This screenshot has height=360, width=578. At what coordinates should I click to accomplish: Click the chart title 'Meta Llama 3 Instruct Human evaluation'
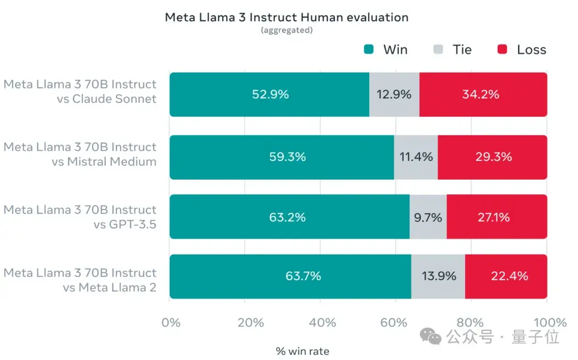(286, 17)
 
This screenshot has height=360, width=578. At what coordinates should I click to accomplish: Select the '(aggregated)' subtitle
(286, 30)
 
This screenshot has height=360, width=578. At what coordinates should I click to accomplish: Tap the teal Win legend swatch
(369, 50)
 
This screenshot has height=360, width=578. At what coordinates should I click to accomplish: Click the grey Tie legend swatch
(438, 50)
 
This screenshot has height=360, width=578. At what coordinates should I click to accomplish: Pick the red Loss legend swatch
(502, 50)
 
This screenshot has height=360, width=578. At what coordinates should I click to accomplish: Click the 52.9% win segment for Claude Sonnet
(270, 95)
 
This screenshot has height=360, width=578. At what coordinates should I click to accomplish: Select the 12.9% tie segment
(394, 95)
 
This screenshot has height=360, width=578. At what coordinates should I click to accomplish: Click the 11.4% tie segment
(415, 157)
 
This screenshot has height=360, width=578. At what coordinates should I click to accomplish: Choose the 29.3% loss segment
(492, 157)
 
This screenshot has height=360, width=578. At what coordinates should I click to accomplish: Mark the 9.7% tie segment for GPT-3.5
(428, 217)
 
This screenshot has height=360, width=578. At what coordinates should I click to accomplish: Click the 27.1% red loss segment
(497, 217)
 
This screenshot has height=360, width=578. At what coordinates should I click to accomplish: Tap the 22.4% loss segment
(508, 276)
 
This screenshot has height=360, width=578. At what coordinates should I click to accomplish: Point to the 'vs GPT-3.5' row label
(125, 225)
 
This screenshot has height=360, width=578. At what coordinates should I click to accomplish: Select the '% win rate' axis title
(302, 351)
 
